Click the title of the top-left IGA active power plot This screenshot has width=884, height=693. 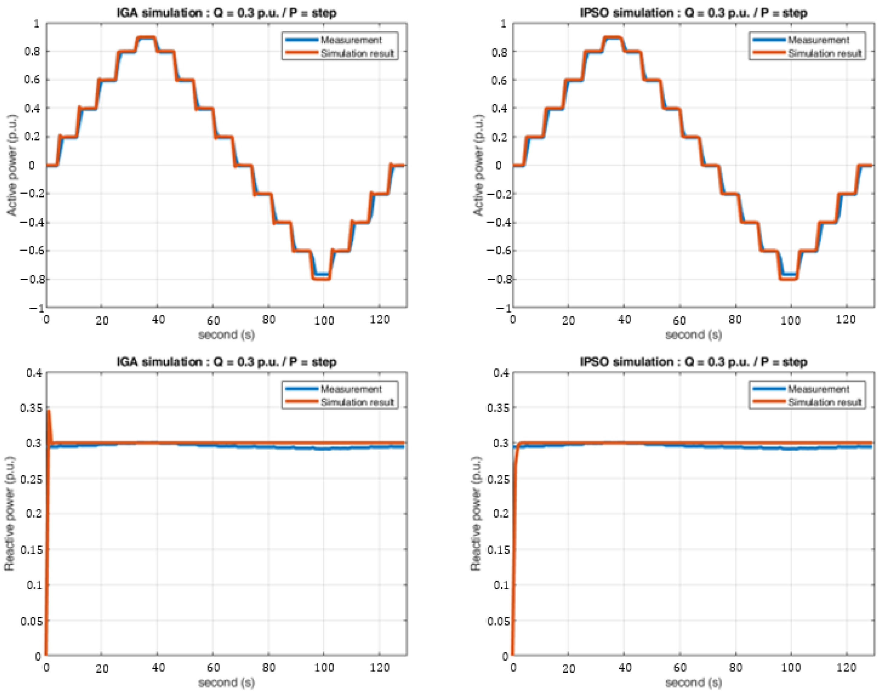(226, 13)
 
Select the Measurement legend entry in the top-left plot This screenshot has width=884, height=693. (351, 40)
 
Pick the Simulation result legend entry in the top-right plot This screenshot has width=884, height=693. (824, 53)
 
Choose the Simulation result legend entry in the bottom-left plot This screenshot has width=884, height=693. (357, 402)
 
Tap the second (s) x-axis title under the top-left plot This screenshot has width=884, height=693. (226, 335)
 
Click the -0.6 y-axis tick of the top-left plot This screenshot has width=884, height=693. (31, 251)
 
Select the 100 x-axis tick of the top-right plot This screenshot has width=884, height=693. (790, 320)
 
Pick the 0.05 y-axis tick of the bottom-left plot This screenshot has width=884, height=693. (31, 621)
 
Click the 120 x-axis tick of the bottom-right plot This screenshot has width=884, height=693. (846, 668)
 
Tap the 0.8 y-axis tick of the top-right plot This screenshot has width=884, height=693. (499, 52)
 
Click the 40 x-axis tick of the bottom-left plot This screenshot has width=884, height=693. (158, 668)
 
